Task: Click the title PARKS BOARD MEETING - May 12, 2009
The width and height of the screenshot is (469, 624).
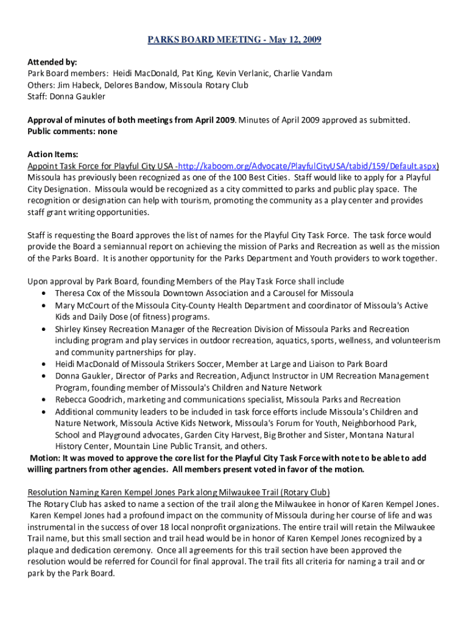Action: (x=234, y=40)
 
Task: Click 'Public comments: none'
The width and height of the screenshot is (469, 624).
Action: (x=72, y=132)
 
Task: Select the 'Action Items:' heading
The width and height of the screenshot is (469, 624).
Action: (x=53, y=154)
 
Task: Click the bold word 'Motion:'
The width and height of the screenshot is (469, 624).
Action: (x=46, y=458)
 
